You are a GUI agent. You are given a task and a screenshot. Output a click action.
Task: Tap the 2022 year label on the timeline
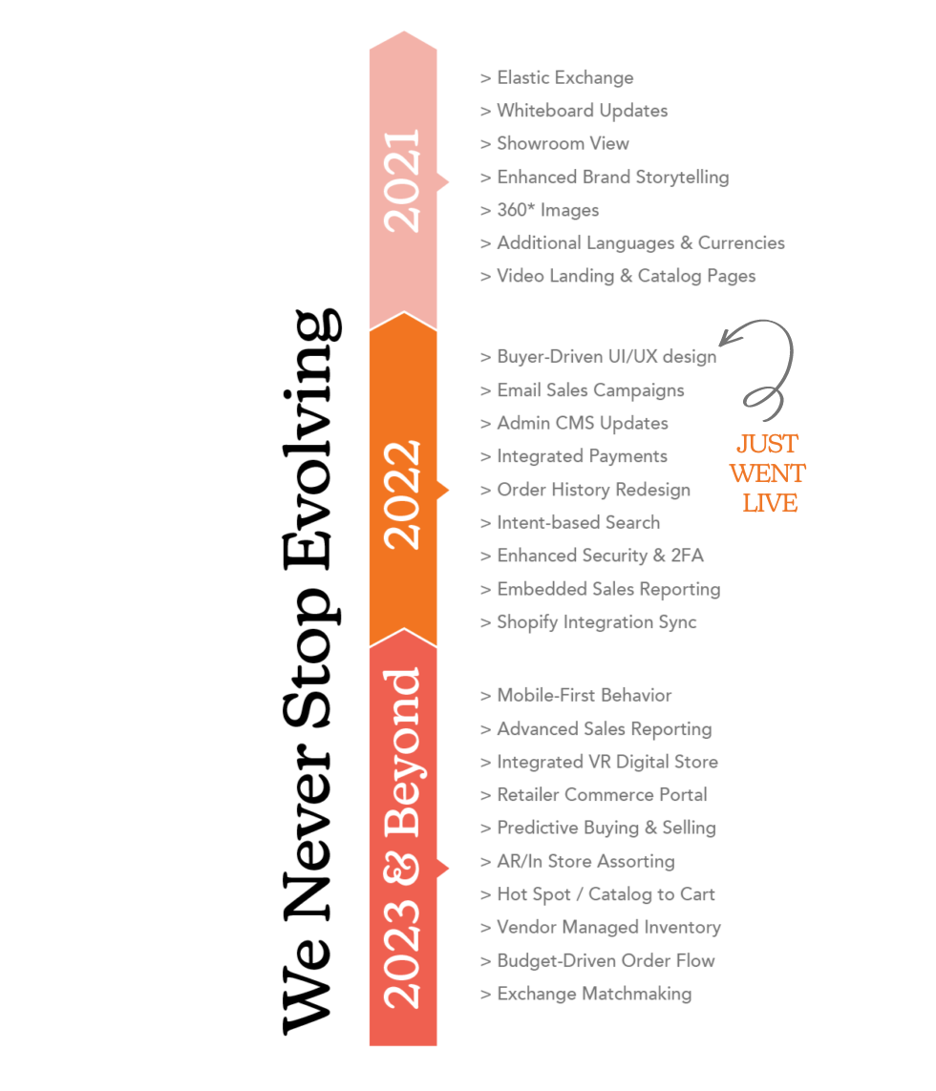(x=402, y=494)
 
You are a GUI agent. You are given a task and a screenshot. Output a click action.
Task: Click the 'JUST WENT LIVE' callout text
(x=768, y=473)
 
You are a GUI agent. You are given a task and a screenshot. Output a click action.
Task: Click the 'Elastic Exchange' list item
(x=556, y=78)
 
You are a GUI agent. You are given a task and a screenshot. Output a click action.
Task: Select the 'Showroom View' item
(x=554, y=144)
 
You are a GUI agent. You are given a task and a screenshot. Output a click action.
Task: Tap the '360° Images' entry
(x=539, y=210)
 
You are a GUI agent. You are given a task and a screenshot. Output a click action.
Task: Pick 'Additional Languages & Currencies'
(x=631, y=243)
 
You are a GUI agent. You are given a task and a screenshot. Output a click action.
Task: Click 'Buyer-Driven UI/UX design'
(x=597, y=357)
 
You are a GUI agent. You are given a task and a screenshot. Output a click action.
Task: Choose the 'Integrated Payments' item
(x=573, y=456)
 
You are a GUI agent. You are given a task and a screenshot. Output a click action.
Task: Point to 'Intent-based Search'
(x=569, y=522)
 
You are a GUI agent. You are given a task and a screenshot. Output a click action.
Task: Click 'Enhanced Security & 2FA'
(x=591, y=556)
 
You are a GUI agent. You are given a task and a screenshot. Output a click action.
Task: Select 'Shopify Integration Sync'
(x=587, y=622)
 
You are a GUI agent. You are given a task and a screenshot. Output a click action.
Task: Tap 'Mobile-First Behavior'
(x=575, y=696)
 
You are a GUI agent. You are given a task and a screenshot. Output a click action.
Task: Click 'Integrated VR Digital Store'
(x=598, y=762)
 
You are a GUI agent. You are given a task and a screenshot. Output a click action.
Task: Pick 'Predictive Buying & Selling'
(x=597, y=828)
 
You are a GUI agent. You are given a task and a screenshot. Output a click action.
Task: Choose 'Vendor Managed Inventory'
(x=599, y=927)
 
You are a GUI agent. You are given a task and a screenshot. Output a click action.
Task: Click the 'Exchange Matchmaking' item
(x=585, y=994)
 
